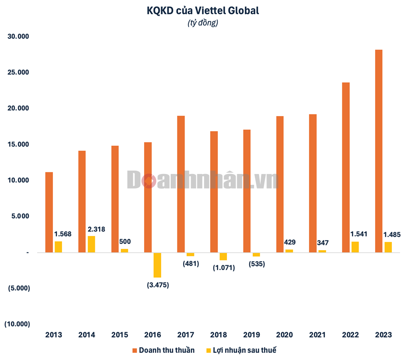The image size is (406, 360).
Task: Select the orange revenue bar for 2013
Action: (x=49, y=212)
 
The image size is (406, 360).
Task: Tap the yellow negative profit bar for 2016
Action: (x=157, y=265)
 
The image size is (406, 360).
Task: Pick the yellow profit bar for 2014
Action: (x=91, y=244)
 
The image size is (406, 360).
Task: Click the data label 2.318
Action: (x=96, y=228)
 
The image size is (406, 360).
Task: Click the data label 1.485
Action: (x=392, y=235)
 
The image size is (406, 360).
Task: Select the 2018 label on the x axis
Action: (x=219, y=335)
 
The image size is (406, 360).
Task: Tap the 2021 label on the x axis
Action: (x=317, y=335)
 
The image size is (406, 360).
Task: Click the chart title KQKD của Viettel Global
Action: (x=203, y=11)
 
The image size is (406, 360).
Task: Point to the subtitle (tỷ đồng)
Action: (x=203, y=23)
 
